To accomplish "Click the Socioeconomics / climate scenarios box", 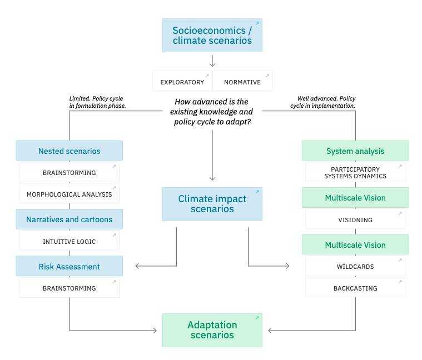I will pos(212,35).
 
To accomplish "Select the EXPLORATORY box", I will pos(182,82).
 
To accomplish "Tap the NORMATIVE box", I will pos(242,82).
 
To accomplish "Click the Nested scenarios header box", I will pos(69,151).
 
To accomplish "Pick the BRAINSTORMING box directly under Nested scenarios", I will pos(69,172).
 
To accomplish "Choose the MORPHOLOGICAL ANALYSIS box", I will pos(69,194).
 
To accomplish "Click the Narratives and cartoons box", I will pos(69,219).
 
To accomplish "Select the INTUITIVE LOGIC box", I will pos(69,241).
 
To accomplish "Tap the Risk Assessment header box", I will pos(69,267).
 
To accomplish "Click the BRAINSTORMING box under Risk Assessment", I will pos(69,288).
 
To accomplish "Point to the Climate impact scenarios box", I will pos(212,204).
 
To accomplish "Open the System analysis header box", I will pos(355,151).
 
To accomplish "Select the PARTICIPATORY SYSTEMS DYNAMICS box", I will pos(355,172).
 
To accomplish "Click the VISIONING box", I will pos(355,219).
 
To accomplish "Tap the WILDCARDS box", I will pos(355,266).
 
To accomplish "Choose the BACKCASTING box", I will pos(355,288).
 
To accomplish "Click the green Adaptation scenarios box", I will pos(212,330).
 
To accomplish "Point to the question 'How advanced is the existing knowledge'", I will pos(212,111).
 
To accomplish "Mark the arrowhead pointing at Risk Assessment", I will pos(137,266).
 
